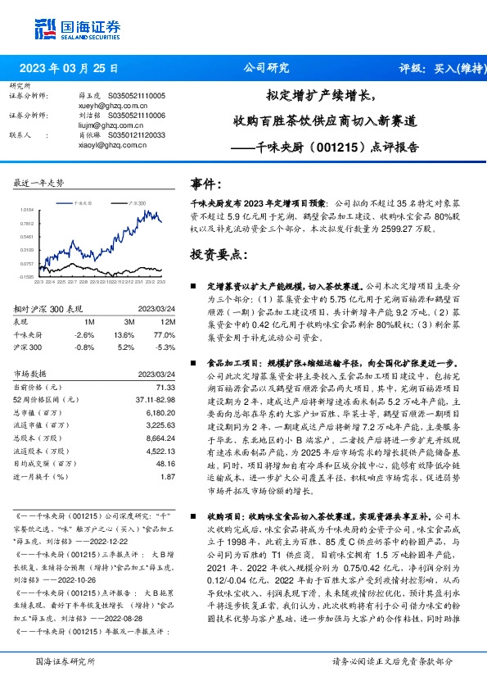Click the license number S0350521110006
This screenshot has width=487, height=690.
(132, 116)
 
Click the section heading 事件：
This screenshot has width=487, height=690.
(206, 185)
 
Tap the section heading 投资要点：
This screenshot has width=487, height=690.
(217, 255)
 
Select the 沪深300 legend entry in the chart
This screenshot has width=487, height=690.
(136, 201)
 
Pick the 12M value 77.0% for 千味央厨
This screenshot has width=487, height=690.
(164, 335)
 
